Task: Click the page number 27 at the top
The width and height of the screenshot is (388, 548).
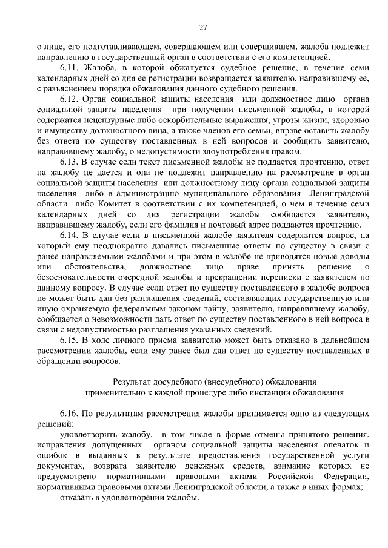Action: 203,27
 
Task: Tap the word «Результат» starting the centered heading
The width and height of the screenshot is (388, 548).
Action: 133,382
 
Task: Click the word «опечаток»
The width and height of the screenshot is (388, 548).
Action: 336,446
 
